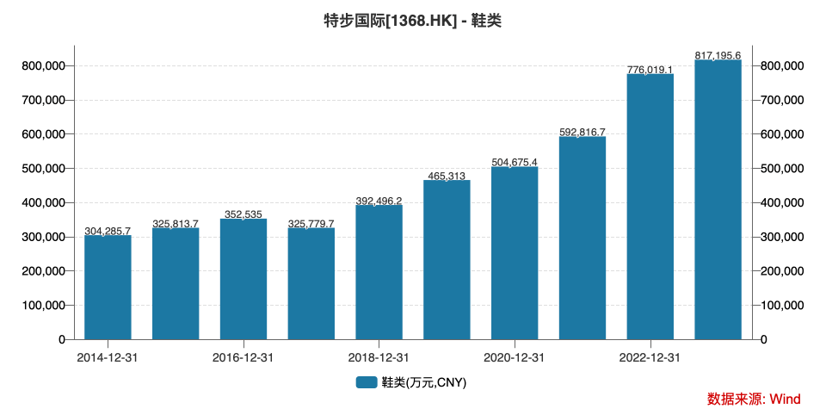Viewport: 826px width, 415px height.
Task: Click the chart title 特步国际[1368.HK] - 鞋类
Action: (412, 20)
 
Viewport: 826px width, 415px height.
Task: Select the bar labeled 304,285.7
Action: (108, 288)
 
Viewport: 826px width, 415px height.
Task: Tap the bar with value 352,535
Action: (243, 279)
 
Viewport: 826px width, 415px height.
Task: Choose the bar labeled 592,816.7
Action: (583, 238)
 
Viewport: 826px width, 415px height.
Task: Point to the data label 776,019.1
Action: (650, 69)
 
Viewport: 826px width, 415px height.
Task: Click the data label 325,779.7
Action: (311, 223)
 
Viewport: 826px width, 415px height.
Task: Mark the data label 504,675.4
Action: (515, 162)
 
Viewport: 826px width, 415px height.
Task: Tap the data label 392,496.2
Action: (379, 201)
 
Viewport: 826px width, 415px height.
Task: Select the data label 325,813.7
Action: (176, 223)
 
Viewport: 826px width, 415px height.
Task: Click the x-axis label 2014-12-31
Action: (108, 357)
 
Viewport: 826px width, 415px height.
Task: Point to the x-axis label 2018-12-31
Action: (379, 357)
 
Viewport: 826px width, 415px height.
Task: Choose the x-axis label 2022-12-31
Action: (650, 357)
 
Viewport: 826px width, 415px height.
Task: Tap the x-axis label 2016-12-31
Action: (243, 357)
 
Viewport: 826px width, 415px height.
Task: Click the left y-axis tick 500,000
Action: (42, 169)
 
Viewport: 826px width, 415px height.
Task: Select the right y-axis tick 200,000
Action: (784, 271)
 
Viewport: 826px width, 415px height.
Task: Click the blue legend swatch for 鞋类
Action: (367, 382)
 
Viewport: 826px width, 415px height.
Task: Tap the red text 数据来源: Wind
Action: (754, 399)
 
